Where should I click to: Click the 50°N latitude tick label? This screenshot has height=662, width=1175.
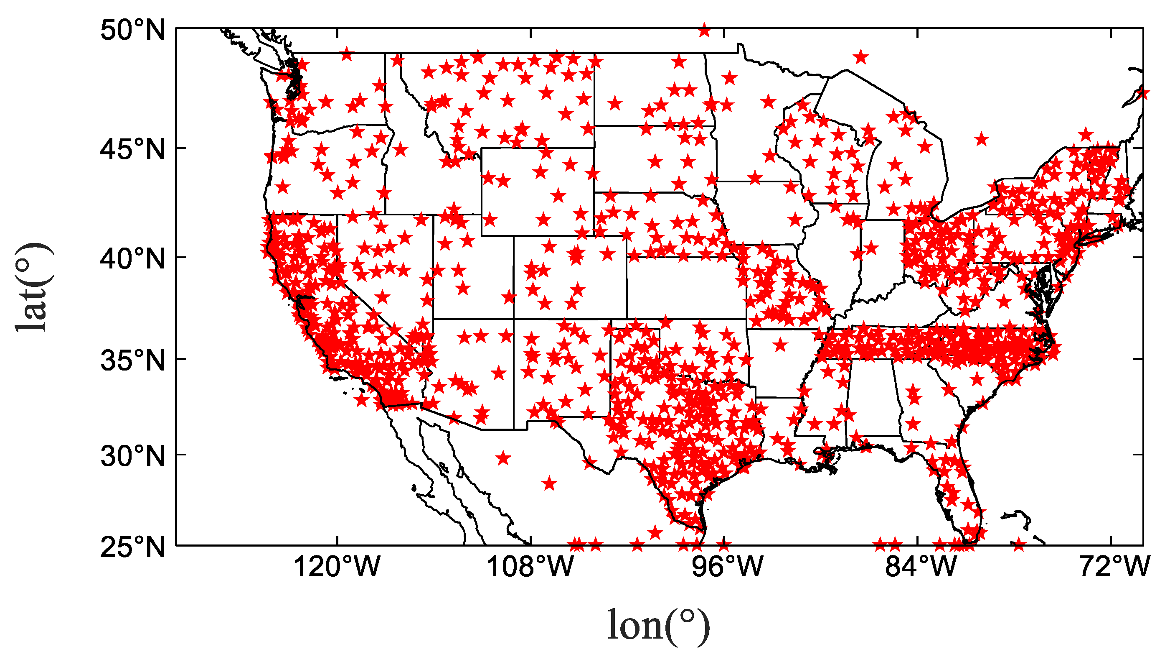pyautogui.click(x=132, y=31)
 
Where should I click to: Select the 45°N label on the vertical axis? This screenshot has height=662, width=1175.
pyautogui.click(x=132, y=149)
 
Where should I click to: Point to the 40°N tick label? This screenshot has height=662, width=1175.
pyautogui.click(x=132, y=259)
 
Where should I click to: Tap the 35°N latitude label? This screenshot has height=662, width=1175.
pyautogui.click(x=132, y=360)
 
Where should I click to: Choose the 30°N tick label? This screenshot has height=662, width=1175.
pyautogui.click(x=132, y=456)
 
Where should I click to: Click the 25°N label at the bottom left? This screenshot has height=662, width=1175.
pyautogui.click(x=132, y=547)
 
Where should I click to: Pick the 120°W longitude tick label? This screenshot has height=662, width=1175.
pyautogui.click(x=337, y=567)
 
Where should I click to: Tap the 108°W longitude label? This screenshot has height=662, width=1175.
pyautogui.click(x=530, y=567)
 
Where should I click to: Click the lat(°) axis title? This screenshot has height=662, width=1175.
pyautogui.click(x=34, y=287)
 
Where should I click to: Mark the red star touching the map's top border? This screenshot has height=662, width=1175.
pyautogui.click(x=704, y=31)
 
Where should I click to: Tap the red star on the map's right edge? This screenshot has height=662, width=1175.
pyautogui.click(x=1142, y=94)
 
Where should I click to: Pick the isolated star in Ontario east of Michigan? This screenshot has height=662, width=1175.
pyautogui.click(x=982, y=139)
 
